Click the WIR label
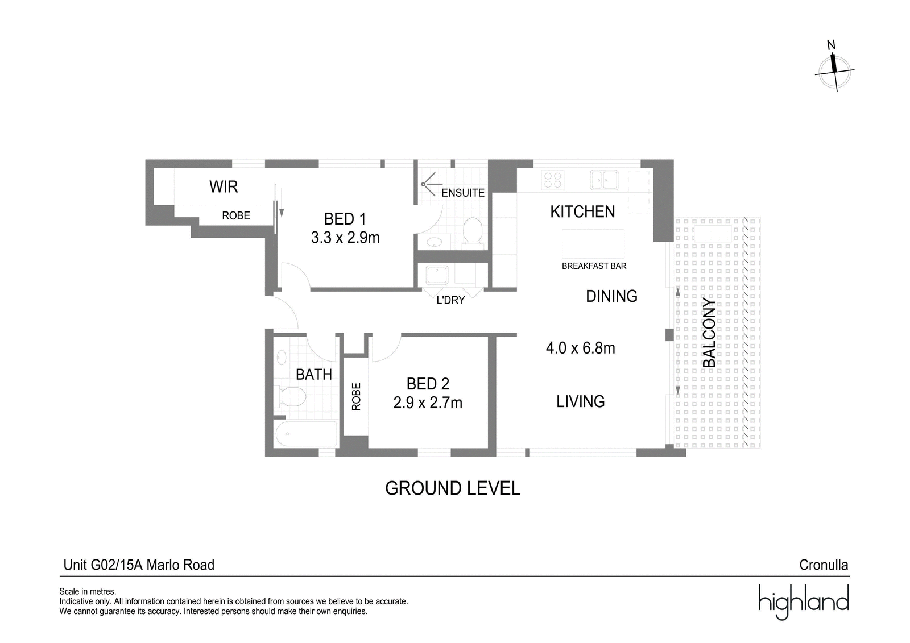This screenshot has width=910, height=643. (224, 187)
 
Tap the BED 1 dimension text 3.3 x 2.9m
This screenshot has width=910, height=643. (345, 238)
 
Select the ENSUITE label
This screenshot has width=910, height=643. (463, 193)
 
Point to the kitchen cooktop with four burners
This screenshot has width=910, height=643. (552, 180)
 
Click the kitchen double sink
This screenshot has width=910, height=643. (604, 180)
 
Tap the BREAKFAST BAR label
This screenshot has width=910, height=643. (594, 266)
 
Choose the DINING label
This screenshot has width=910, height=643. (611, 296)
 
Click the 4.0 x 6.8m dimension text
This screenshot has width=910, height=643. (581, 348)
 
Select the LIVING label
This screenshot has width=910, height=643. (581, 401)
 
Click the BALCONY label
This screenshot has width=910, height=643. (709, 333)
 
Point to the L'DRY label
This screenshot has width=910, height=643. (450, 300)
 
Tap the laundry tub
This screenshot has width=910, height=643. (437, 275)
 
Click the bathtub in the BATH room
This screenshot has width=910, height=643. (307, 434)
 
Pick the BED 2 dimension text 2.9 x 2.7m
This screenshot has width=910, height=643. (428, 403)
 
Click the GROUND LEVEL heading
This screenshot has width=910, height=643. (453, 488)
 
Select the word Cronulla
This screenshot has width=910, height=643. (824, 565)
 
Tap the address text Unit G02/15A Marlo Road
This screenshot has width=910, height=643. (139, 565)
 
